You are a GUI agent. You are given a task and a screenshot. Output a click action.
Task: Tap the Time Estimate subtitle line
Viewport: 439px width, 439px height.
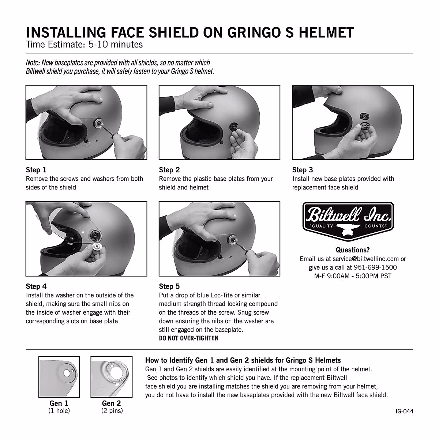84,45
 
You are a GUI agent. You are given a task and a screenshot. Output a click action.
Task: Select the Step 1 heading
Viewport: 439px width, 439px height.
36,170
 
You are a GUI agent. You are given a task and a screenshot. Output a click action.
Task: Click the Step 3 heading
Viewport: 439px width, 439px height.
302,170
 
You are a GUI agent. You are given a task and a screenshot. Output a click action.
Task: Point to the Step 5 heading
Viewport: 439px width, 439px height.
169,286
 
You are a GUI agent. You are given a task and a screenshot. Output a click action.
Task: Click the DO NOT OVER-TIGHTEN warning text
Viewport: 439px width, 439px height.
188,338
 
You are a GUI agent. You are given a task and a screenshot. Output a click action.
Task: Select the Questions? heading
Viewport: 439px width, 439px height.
353,250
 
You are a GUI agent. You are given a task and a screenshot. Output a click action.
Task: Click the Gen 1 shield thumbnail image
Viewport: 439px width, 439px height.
59,377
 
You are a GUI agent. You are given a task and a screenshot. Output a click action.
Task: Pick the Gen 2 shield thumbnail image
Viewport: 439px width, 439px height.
111,377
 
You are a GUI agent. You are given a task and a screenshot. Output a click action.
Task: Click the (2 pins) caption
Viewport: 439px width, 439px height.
112,411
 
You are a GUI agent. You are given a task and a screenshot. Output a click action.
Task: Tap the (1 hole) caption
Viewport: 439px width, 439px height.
59,411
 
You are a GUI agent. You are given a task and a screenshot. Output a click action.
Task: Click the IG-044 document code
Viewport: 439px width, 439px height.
404,411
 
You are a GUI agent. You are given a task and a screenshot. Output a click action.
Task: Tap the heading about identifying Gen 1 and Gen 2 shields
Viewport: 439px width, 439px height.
243,360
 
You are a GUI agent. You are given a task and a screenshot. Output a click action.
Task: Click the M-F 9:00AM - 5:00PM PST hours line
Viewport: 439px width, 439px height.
353,276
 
